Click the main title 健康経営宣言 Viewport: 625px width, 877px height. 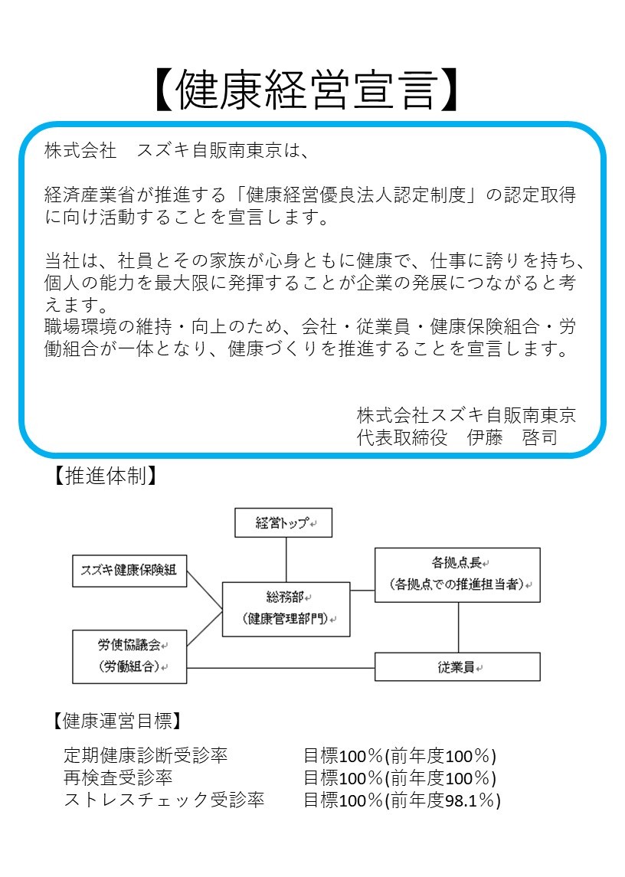tap(306, 90)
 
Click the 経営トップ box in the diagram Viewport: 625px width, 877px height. tap(283, 523)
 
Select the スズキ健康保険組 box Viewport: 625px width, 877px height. tap(129, 571)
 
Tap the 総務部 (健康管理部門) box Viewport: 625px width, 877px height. tap(286, 609)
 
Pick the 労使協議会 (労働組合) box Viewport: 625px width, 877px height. tap(129, 656)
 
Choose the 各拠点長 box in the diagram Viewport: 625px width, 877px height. tap(457, 574)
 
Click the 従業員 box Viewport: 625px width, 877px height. tap(457, 666)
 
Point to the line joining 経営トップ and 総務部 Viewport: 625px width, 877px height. tap(286, 560)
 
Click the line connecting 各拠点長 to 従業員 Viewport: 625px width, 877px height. tap(458, 627)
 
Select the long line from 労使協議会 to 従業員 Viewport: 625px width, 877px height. tap(280, 668)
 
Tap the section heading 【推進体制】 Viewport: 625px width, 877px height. tap(105, 476)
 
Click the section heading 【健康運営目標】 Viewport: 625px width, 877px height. tap(117, 721)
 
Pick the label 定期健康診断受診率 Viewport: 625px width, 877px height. tap(146, 755)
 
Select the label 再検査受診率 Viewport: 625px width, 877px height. tap(118, 777)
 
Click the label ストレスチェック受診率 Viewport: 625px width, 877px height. tap(164, 800)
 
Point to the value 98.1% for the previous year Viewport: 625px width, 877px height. tap(470, 800)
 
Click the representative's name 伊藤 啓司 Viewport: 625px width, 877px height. tap(512, 437)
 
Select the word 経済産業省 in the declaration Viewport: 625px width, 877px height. tap(90, 195)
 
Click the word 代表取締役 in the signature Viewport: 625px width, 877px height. tap(402, 437)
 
